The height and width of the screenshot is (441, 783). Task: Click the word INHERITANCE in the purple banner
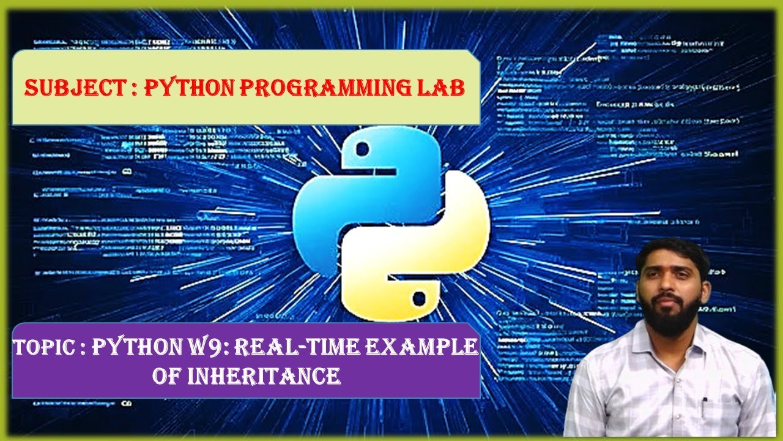(265, 375)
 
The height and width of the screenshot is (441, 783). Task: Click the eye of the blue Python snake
(362, 149)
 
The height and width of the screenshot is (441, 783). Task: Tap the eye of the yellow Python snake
(419, 298)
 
